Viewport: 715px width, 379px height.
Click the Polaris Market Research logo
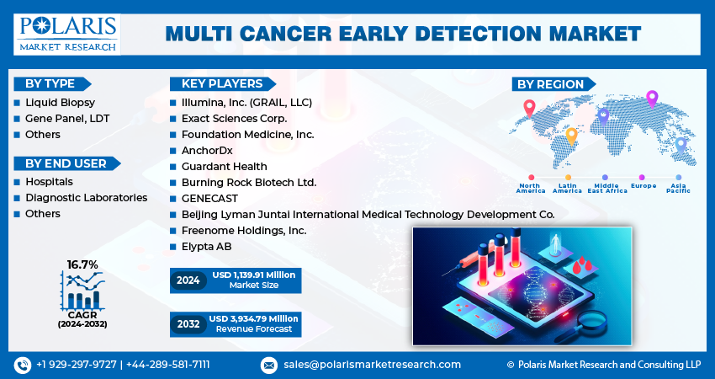(66, 34)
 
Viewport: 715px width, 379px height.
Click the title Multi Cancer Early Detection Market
(403, 34)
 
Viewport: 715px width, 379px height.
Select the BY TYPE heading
(50, 83)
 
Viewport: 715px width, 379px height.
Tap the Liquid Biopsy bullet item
(48, 103)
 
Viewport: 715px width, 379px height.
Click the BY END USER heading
(66, 163)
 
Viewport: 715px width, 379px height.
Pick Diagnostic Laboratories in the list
(86, 198)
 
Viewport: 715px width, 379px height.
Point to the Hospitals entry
(49, 182)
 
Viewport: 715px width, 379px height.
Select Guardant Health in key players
(224, 167)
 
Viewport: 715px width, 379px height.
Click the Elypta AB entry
(206, 247)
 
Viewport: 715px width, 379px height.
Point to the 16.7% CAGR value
(82, 264)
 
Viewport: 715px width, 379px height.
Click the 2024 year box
(188, 280)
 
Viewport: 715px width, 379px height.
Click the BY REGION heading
(550, 83)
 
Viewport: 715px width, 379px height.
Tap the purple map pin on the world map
(651, 99)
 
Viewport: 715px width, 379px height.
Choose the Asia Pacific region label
(678, 188)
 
